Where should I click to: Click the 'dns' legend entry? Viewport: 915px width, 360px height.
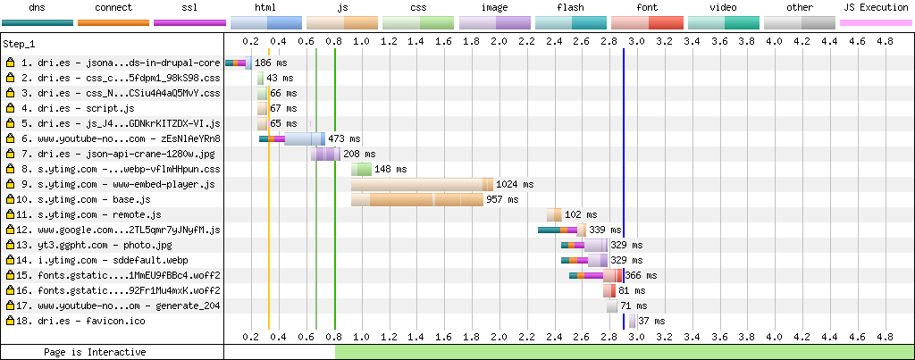38,8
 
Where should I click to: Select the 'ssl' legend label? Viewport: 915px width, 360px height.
189,8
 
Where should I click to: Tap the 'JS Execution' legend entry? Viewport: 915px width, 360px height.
876,8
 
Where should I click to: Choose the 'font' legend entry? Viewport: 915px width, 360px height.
647,8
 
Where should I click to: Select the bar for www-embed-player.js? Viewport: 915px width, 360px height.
421,184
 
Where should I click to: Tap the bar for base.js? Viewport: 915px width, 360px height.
414,199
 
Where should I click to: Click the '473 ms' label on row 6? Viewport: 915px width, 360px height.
344,138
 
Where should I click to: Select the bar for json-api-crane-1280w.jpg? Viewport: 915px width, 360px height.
325,154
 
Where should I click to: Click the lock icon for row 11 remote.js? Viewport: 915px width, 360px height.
11,214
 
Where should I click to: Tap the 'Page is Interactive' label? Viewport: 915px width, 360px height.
95,352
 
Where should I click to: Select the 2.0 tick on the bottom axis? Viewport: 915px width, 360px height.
499,337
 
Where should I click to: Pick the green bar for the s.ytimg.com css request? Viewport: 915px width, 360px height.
361,169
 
